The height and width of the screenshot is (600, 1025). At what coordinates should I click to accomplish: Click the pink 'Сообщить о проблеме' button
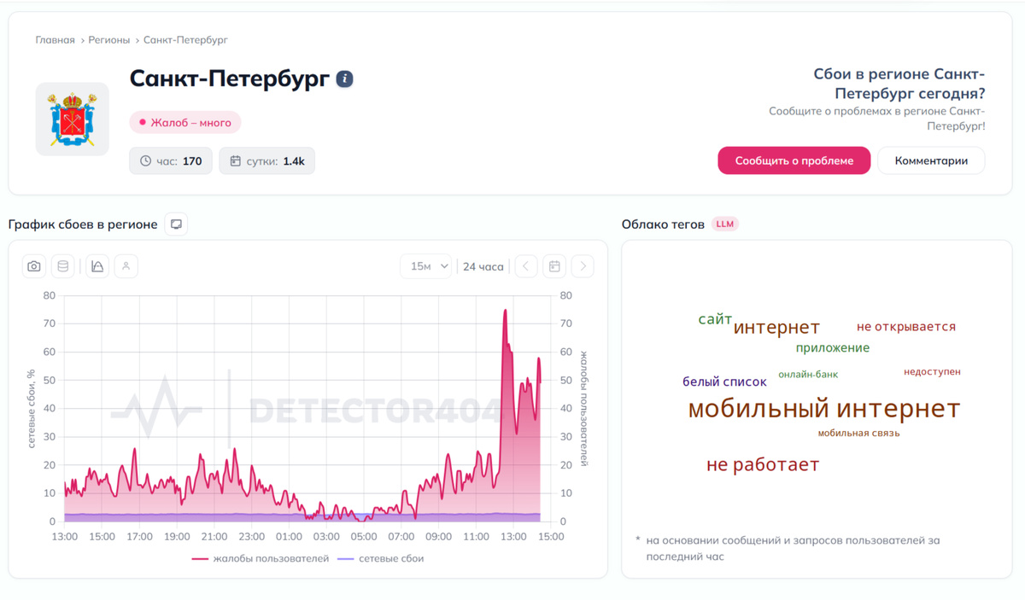794,160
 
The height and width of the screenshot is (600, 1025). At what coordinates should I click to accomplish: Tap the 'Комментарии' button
931,160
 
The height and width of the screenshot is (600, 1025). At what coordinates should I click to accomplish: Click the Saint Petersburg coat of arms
73,119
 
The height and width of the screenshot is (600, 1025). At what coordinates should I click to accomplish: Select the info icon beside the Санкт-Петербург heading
344,79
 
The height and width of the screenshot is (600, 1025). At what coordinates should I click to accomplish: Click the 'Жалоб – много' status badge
185,123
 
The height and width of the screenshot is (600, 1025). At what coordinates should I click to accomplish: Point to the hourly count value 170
192,161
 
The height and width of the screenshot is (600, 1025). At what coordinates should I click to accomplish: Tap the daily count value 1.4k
294,161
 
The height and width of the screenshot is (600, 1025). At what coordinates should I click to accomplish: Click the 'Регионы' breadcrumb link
109,40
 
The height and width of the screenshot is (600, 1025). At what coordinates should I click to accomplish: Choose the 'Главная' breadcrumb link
55,40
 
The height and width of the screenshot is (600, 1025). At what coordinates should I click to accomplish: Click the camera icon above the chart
34,266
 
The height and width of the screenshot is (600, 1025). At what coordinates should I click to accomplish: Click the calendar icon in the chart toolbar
554,266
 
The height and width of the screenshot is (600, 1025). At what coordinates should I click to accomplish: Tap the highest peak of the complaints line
505,310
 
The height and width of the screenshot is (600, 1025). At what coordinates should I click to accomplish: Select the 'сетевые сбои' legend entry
380,558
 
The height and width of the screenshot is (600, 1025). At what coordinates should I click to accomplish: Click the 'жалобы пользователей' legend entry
261,558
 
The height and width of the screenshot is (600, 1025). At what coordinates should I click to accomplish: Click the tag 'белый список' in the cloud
724,382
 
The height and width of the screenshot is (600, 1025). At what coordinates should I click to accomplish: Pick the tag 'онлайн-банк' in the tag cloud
808,375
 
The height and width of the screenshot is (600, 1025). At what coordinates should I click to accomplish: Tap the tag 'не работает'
763,464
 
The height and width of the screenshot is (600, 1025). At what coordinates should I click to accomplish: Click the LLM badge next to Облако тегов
725,224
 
